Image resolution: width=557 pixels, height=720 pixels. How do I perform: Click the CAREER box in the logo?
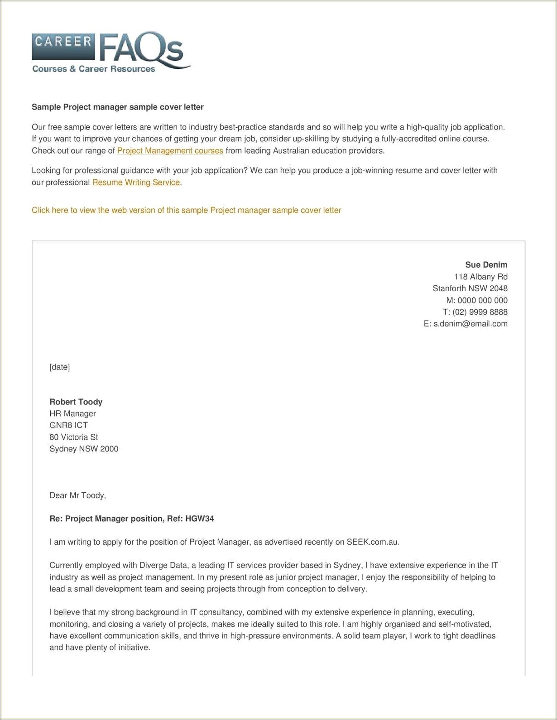(63, 46)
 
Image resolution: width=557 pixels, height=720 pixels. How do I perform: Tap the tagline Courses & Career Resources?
(94, 69)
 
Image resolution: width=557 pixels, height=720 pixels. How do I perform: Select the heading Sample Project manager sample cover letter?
(118, 107)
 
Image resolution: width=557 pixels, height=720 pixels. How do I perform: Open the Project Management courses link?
(170, 151)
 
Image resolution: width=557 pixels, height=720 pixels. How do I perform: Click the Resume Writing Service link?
(136, 182)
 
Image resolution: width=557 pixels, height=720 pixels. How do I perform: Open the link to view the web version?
(186, 210)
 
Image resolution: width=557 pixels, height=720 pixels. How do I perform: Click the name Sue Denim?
(486, 265)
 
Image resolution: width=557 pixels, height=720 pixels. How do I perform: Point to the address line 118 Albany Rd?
(480, 277)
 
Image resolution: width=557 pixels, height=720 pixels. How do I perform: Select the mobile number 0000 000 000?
(482, 300)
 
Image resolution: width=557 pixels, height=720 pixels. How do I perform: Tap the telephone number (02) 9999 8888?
(480, 312)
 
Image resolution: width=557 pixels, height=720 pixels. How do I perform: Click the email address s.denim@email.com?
(470, 324)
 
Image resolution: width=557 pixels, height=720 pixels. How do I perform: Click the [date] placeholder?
(59, 367)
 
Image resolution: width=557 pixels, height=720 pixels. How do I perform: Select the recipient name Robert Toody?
(76, 402)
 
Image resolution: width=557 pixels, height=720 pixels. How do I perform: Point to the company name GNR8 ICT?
(68, 425)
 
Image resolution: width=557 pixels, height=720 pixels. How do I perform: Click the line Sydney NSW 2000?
(84, 449)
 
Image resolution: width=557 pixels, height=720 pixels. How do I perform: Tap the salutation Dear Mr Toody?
(77, 495)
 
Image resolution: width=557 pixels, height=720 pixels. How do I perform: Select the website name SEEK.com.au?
(372, 542)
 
